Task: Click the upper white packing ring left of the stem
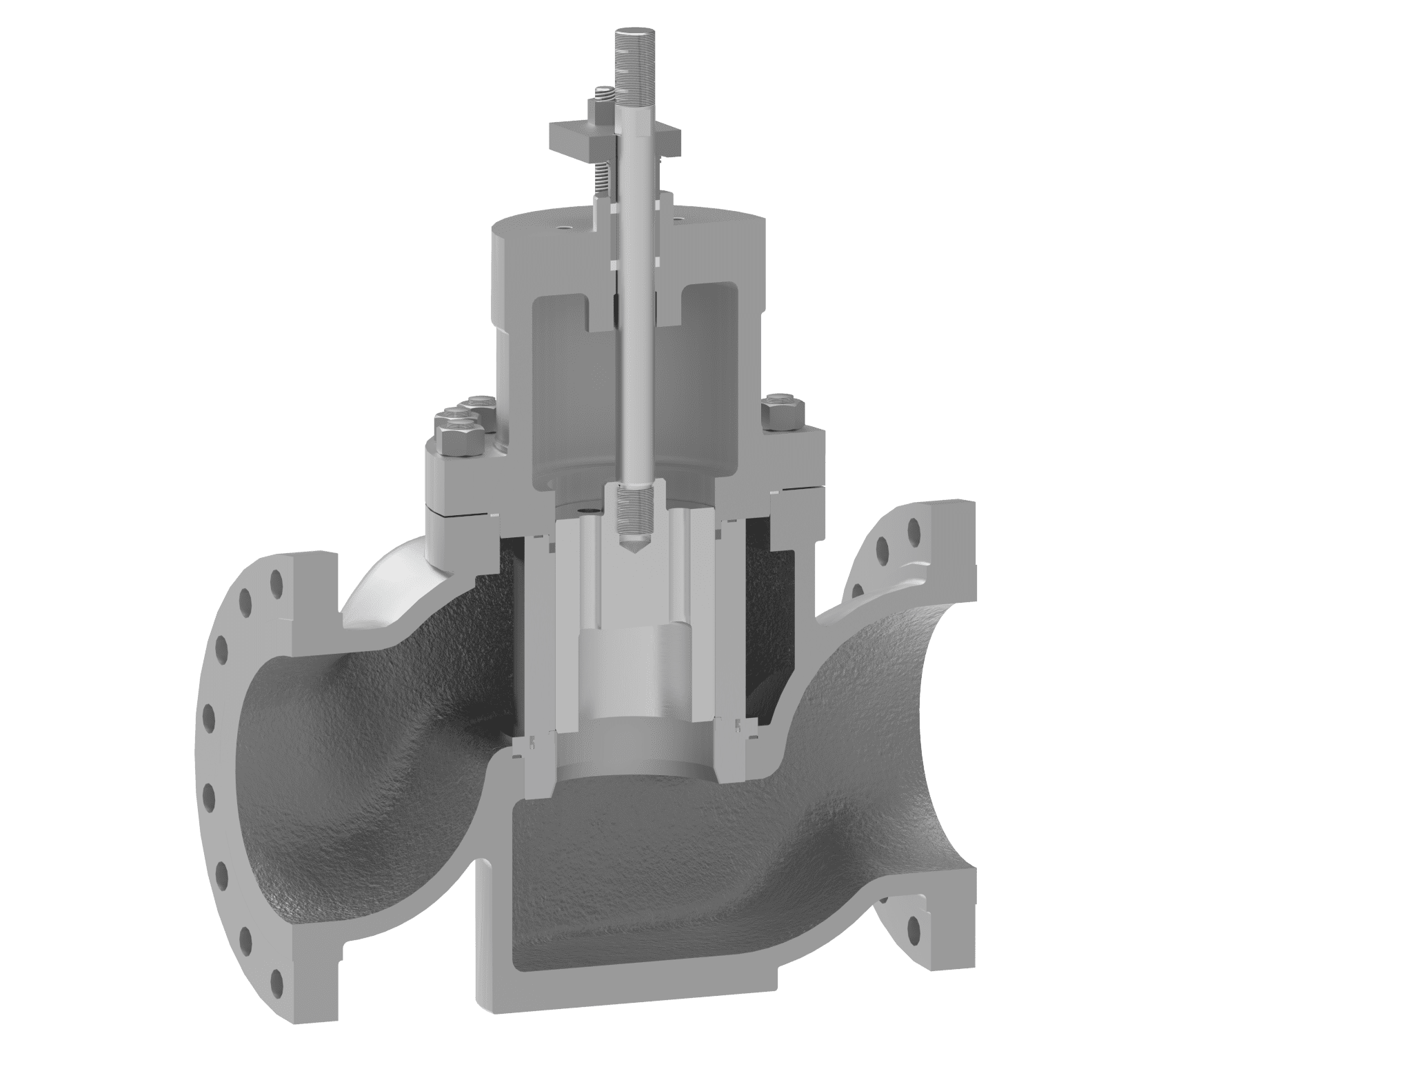tap(612, 262)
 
